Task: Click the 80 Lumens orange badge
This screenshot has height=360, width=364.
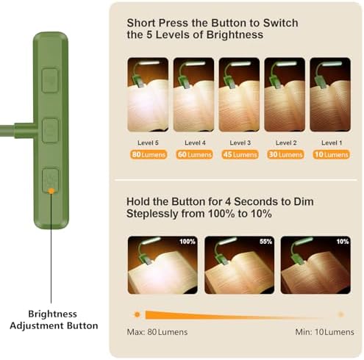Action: pos(149,154)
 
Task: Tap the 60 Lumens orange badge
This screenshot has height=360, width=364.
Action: pos(194,154)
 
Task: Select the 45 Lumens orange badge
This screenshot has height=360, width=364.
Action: pos(240,154)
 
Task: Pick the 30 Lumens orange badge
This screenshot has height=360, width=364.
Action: pos(285,154)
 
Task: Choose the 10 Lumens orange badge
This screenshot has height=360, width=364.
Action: pos(331,154)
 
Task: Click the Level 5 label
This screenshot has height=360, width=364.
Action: pos(148,143)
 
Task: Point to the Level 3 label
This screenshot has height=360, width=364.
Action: pos(240,143)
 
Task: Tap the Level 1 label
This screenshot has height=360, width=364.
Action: pos(332,143)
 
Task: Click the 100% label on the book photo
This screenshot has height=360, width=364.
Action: pos(188,242)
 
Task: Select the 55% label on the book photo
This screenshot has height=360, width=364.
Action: pos(266,242)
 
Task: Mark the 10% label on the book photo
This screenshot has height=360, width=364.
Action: pos(343,242)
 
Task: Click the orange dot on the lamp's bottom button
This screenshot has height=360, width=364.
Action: pos(51,191)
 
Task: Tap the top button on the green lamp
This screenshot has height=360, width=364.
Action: pos(50,80)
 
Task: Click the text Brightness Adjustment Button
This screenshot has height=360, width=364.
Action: pos(54,320)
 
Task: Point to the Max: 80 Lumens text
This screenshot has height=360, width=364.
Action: pos(157,332)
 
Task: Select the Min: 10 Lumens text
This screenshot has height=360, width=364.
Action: pos(324,332)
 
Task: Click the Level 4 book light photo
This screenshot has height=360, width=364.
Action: pos(193,95)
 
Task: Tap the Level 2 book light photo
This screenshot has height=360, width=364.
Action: pos(285,95)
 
